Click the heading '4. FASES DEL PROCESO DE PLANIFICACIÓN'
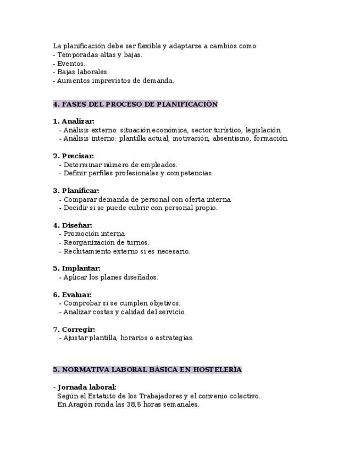click(135, 104)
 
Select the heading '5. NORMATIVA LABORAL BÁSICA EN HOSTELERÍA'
click(147, 370)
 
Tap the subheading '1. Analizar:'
click(74, 121)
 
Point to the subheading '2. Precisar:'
click(74, 156)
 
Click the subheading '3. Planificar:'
click(76, 191)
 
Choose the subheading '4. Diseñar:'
click(73, 225)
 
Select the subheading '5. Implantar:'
click(76, 269)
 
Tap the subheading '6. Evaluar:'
click(73, 295)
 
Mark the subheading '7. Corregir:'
click(74, 330)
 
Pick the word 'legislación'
click(263, 130)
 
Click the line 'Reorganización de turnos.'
click(106, 242)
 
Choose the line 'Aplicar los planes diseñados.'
click(110, 278)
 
